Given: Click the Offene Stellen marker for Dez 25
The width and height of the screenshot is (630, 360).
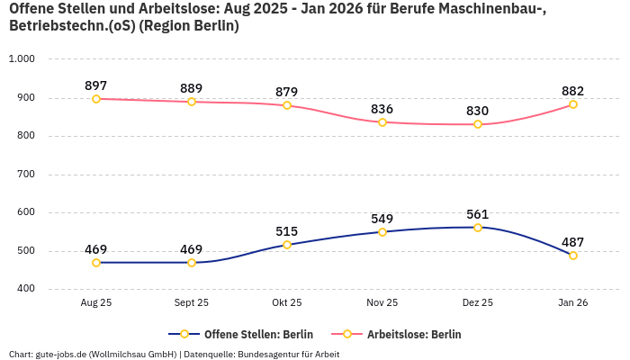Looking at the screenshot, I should pos(478,228).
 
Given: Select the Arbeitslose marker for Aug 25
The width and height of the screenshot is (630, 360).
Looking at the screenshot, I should pos(96,99).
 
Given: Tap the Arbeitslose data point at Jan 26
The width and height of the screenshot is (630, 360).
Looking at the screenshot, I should pos(573,104).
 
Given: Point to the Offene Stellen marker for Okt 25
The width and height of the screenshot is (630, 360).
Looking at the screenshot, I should pos(287,245).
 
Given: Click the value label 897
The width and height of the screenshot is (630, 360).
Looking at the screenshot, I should pos(96,85).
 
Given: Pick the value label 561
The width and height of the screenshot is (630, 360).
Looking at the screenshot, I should pos(478,214).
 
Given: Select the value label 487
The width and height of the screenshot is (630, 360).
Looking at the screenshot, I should pos(573,242).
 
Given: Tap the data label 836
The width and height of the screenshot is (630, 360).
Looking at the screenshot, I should pos(382,109).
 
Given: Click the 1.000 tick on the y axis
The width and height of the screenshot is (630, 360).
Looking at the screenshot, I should pos(22,59).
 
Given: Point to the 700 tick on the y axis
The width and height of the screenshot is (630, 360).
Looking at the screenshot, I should pos(25,175).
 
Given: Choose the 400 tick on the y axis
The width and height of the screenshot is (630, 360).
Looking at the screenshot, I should pos(25,289).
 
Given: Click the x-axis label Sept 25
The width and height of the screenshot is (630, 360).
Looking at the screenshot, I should pos(192,303).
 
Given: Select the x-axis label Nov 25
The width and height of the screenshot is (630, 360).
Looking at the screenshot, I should pos(382,303).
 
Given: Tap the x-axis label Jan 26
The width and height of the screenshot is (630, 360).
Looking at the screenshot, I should pos(573,303).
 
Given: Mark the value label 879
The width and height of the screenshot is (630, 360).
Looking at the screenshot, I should pos(287,92).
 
